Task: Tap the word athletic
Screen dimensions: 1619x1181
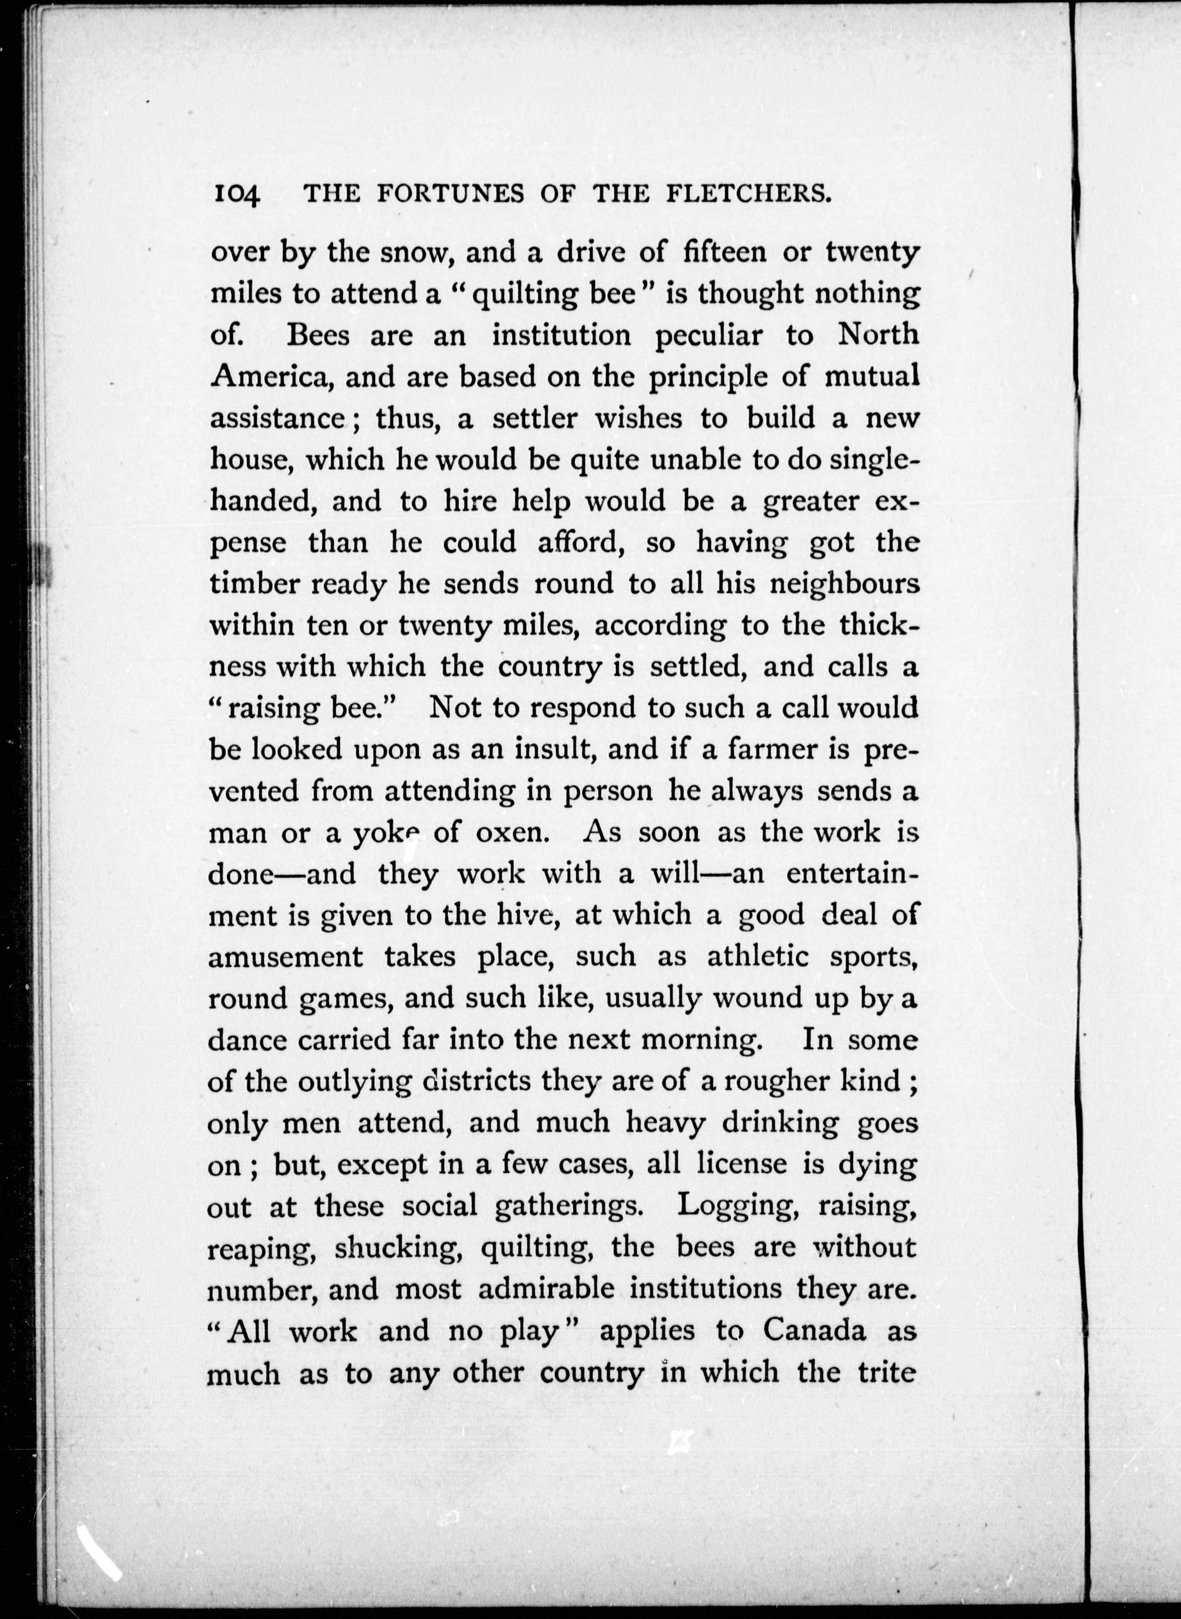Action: (758, 957)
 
